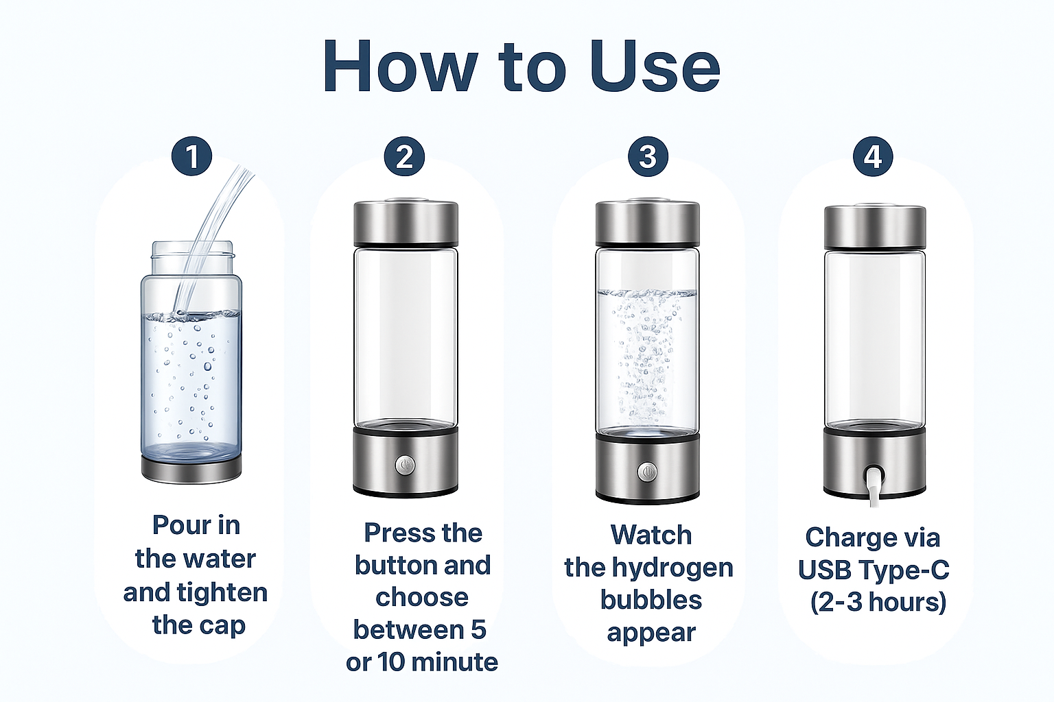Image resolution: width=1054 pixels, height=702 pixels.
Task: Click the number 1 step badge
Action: (191, 156)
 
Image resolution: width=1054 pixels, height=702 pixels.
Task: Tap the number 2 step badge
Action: (404, 156)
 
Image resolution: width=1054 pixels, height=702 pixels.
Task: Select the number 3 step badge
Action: (648, 156)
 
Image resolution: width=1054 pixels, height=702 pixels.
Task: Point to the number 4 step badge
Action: (873, 156)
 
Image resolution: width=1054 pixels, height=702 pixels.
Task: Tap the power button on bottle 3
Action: (648, 471)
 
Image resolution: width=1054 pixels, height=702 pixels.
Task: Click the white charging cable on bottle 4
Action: (875, 493)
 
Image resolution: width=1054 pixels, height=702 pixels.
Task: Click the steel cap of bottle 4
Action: (875, 226)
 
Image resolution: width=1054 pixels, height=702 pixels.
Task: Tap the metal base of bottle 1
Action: (191, 468)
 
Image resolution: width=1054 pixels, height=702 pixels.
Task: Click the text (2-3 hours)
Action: (878, 603)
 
